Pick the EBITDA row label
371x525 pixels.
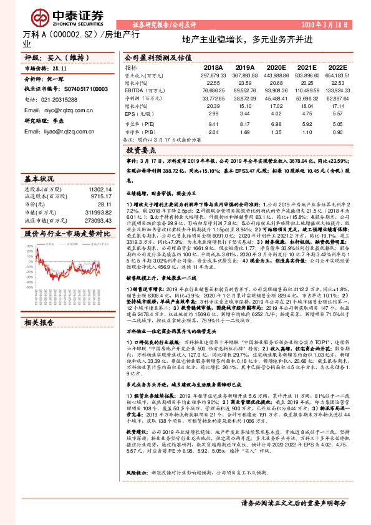tap(137, 91)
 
